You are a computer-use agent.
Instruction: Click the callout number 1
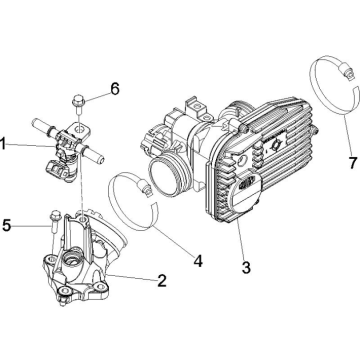click(x=3, y=145)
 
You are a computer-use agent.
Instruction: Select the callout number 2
click(x=162, y=281)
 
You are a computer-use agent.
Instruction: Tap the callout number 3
click(x=246, y=267)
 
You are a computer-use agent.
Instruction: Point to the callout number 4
click(x=198, y=261)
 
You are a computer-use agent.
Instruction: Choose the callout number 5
click(x=6, y=226)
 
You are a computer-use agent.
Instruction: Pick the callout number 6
click(x=115, y=89)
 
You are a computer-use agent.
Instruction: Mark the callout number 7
click(x=353, y=163)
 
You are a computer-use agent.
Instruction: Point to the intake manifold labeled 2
click(x=83, y=260)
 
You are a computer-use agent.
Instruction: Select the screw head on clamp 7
click(x=348, y=73)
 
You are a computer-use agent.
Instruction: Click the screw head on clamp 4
click(x=145, y=189)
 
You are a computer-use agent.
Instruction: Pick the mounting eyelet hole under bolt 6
click(x=79, y=128)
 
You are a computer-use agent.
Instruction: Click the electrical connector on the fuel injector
click(x=57, y=168)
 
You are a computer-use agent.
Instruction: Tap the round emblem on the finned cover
click(x=275, y=145)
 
